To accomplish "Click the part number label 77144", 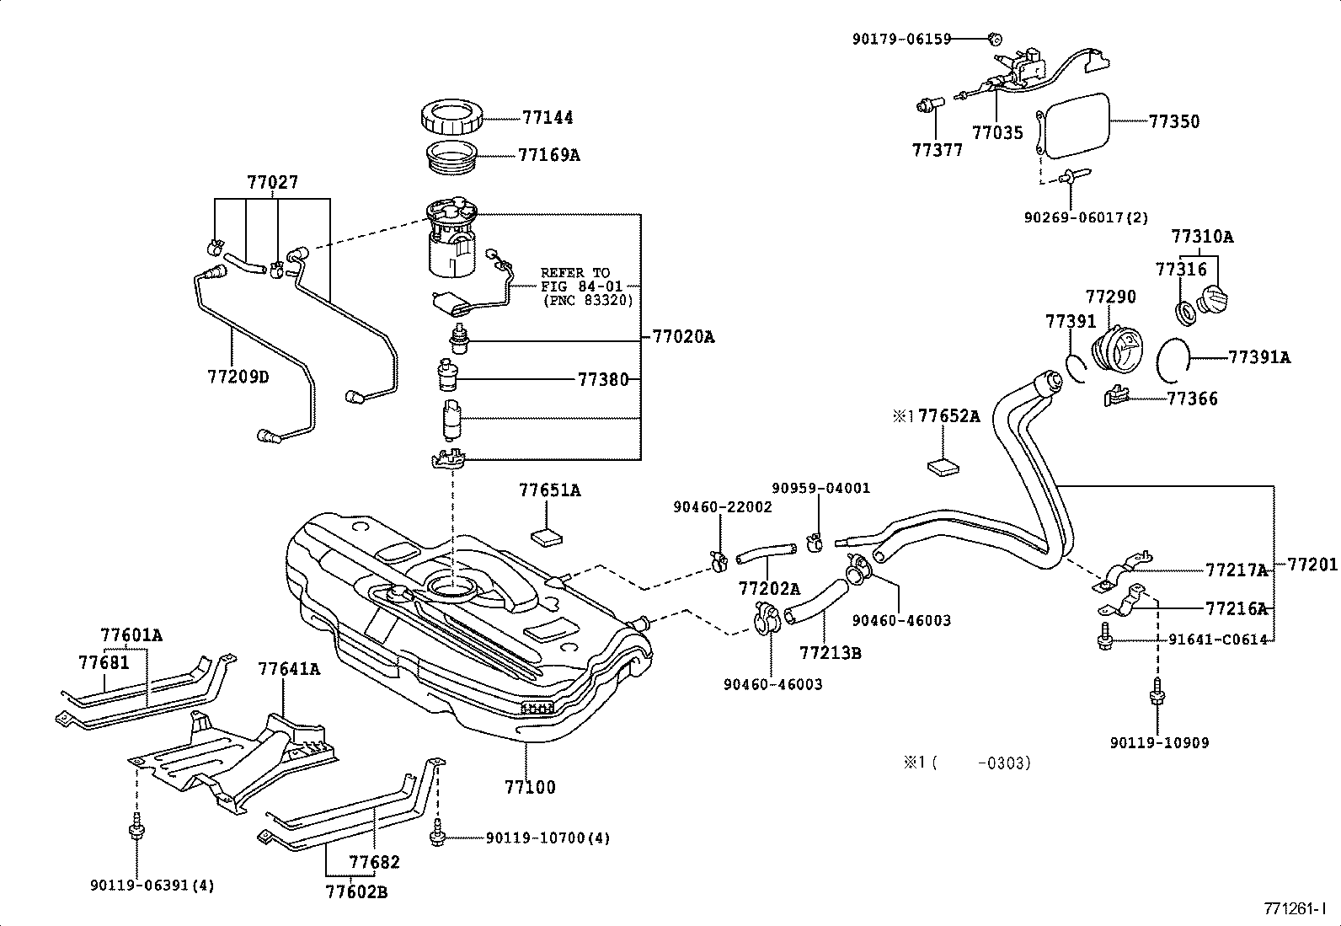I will (548, 118).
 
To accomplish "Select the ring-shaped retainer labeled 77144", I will (452, 119).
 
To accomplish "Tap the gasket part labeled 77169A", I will (453, 158).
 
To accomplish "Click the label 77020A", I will (683, 337).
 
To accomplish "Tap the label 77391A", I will (1258, 357).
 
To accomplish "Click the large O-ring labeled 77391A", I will (1172, 359).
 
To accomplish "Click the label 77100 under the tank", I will (530, 788).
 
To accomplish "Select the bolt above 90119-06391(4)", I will (135, 831).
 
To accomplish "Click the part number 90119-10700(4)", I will (548, 838).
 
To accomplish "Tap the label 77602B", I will (357, 891).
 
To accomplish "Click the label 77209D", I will (238, 377).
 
